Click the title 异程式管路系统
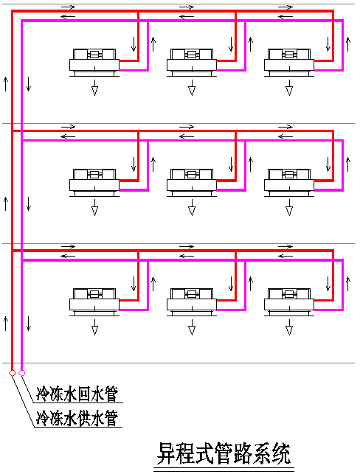click(224, 454)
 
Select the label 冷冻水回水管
click(77, 394)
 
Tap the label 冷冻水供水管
click(77, 419)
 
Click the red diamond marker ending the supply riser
click(12, 373)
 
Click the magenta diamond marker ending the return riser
click(22, 373)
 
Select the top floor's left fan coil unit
click(94, 62)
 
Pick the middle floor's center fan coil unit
click(192, 182)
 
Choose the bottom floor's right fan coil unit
click(289, 302)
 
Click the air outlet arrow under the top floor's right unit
click(289, 88)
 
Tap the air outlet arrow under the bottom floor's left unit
click(94, 327)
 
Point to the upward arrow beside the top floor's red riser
click(5, 84)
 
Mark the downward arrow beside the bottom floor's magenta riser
click(29, 324)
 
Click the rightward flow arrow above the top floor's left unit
click(68, 7)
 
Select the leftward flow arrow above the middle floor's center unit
click(187, 136)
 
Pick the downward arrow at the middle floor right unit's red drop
click(328, 164)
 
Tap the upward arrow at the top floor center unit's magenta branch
click(251, 44)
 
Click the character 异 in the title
click(167, 454)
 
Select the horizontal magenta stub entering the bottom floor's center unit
click(232, 310)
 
